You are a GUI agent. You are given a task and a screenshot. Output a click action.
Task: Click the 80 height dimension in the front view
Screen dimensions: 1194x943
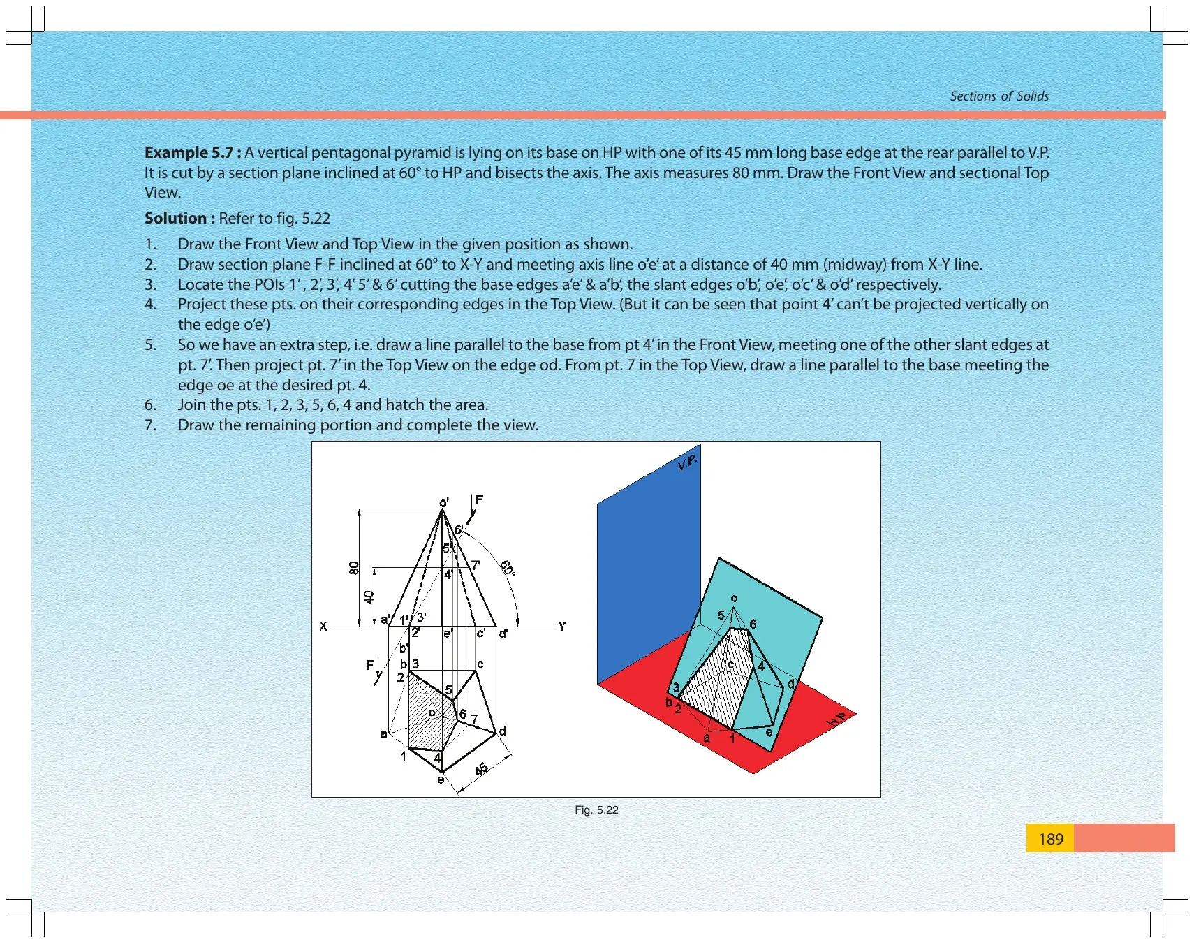[354, 568]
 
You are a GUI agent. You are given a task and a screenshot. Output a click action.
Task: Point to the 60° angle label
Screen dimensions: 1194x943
[508, 567]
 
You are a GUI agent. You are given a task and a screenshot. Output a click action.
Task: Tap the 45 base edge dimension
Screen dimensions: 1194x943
[481, 770]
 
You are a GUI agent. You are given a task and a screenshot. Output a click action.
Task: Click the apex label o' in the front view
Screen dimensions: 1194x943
[444, 503]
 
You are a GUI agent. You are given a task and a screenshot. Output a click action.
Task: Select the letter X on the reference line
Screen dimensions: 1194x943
[323, 627]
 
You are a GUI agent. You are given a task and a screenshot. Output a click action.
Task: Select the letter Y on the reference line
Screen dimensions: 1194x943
[562, 627]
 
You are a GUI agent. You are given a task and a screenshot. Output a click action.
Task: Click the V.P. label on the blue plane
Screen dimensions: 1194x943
[688, 462]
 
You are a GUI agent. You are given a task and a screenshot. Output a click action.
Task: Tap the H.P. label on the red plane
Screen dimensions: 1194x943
[837, 719]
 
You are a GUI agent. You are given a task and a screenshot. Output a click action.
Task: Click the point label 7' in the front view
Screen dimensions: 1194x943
[476, 565]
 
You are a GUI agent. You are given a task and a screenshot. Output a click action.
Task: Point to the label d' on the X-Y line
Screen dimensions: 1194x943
[503, 634]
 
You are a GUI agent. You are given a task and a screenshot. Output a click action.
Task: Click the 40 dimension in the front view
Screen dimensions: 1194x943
[369, 597]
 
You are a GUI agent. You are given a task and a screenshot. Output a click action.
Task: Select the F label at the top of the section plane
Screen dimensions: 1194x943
[479, 499]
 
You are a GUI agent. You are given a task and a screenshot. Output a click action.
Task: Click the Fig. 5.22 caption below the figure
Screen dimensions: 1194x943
[596, 810]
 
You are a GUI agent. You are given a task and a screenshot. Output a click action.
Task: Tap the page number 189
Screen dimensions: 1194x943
[1051, 839]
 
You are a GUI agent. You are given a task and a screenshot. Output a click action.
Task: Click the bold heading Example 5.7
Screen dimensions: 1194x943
[193, 153]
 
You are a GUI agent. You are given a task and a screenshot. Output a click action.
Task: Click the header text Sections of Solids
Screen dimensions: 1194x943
[999, 96]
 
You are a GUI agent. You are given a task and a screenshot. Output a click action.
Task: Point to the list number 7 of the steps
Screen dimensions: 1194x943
[149, 425]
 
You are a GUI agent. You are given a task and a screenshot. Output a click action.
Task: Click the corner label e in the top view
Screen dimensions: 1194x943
[441, 780]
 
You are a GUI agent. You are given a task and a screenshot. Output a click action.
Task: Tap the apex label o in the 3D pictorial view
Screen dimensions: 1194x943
[734, 599]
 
